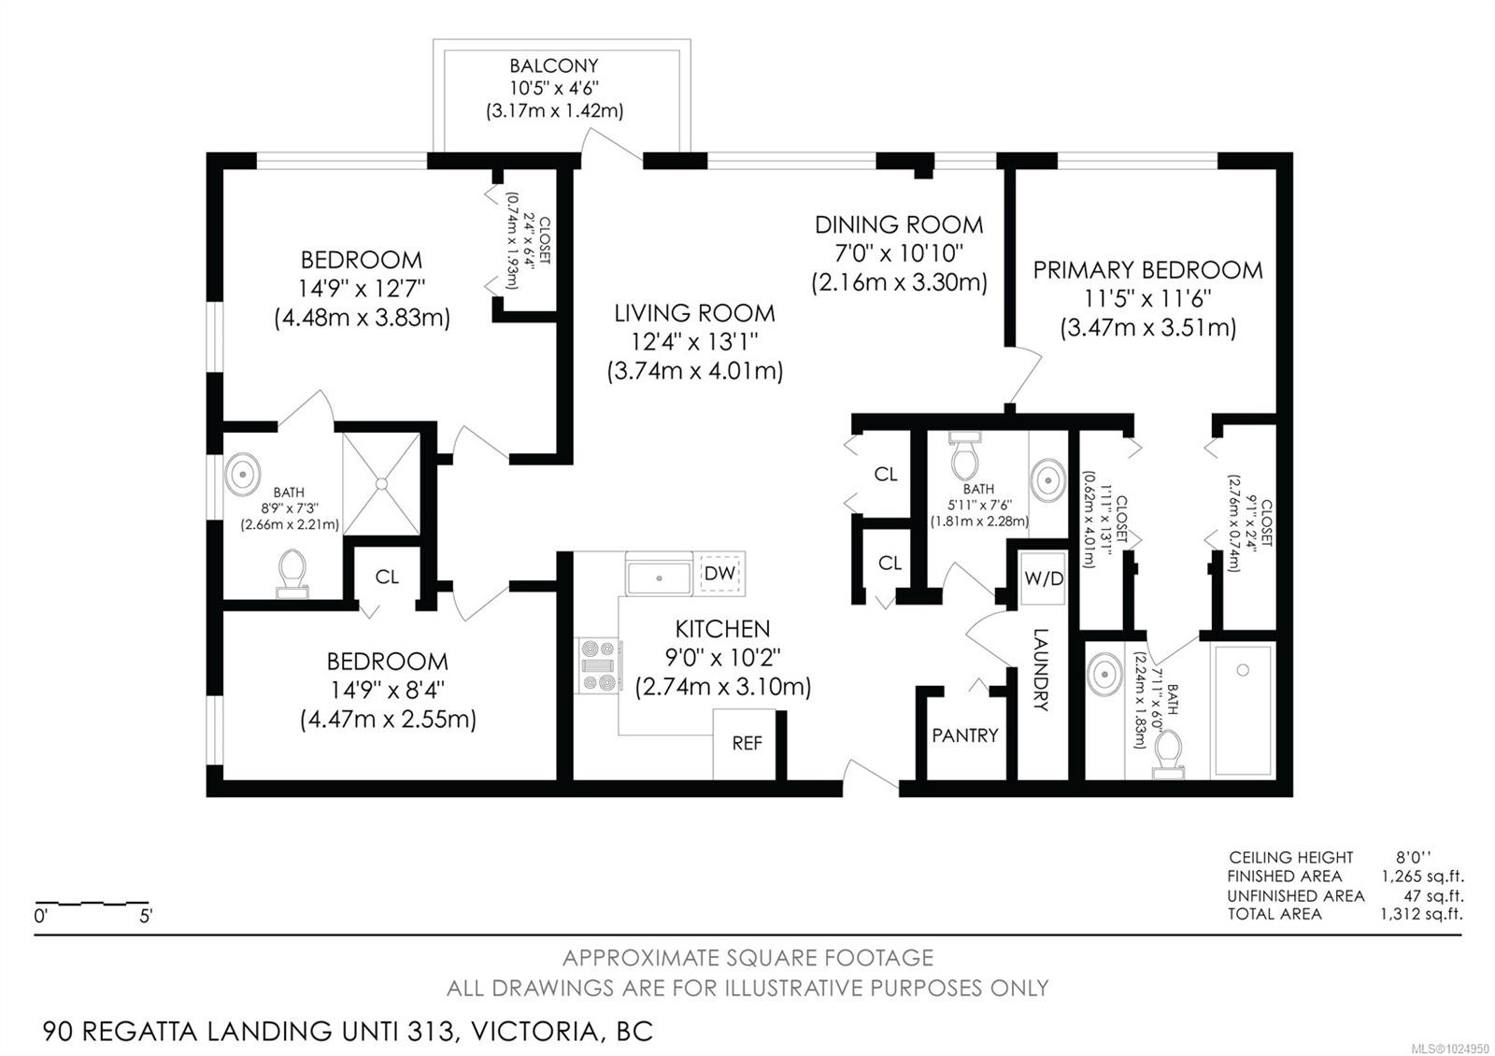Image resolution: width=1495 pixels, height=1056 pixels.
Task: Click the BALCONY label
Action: pos(554,65)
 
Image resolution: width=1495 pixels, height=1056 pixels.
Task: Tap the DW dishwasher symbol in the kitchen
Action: pos(719,574)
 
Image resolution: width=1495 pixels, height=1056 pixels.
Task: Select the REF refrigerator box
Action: pos(745,744)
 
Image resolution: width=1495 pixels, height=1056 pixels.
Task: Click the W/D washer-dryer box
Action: pos(1044,578)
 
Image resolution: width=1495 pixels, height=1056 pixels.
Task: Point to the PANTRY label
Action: pos(965,735)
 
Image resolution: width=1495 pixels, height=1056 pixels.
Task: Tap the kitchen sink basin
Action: pos(659,578)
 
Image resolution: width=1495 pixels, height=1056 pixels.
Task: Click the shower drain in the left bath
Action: pos(381,483)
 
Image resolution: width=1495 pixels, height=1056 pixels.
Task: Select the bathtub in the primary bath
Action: pos(1243,710)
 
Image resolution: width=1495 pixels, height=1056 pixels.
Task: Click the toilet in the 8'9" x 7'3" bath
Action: pos(292,574)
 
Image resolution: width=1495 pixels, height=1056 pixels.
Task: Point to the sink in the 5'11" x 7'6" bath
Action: pos(1047,480)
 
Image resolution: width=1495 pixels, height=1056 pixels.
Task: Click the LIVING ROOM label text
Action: pos(695,313)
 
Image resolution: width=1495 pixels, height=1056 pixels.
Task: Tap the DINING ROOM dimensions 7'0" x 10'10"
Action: pos(899,253)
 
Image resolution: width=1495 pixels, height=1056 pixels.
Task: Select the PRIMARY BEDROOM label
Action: pos(1148,270)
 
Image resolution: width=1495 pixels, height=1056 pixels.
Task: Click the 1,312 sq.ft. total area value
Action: pos(1421,914)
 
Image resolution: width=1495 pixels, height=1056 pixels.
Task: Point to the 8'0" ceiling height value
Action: pos(1414,857)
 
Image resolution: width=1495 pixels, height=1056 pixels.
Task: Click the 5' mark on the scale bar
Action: pos(146,916)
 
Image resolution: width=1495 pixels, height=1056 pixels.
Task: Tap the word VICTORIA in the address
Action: pos(534,1032)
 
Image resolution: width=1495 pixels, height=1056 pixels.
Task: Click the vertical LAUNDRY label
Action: pos(1041,669)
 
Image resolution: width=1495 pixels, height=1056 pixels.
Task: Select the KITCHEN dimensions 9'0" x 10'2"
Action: pos(723,658)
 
